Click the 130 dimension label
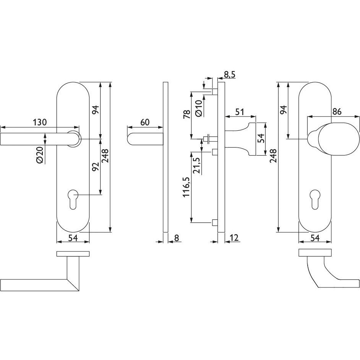coord(40,122)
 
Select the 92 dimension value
coord(95,167)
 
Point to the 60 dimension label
coord(144,122)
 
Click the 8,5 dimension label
coord(229,75)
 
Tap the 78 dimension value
coord(187,114)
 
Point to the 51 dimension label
coord(240,112)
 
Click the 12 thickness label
coord(234,238)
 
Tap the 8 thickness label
coord(176,238)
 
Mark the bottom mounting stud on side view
coord(215,222)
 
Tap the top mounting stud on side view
coord(215,92)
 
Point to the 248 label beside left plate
coord(105,156)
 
